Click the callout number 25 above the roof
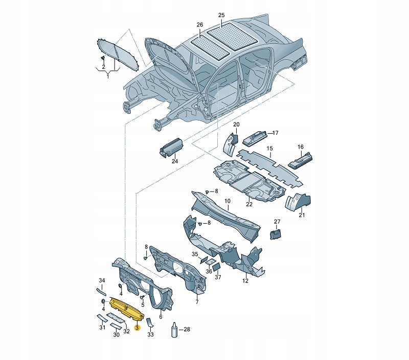point(221,16)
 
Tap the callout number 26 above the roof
point(199,25)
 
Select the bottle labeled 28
point(175,330)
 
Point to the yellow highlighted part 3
point(126,309)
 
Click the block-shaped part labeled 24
point(171,147)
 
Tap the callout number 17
point(275,133)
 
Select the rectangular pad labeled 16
point(300,161)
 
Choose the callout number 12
point(245,281)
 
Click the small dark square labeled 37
point(216,266)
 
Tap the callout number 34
point(102,280)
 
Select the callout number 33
point(151,335)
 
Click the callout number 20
point(236,125)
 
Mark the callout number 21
point(302,215)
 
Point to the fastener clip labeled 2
point(103,59)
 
